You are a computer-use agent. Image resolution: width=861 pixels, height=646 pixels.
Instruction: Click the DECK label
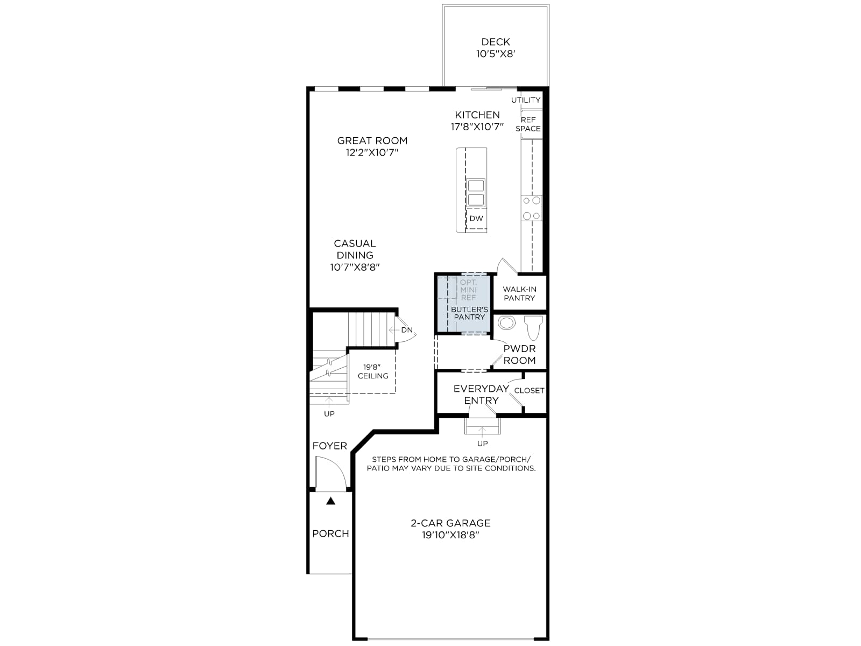(496, 42)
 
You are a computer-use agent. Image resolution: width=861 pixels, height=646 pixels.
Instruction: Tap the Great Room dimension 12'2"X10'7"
(372, 152)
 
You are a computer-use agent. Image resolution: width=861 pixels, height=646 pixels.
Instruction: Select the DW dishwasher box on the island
(476, 219)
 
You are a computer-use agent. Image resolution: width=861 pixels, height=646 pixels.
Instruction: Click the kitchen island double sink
(476, 193)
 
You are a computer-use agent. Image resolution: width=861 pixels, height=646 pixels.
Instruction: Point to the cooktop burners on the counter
(532, 208)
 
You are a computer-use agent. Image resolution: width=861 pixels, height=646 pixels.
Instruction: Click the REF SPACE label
(528, 124)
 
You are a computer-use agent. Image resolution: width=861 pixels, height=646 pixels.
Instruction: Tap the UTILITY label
(526, 100)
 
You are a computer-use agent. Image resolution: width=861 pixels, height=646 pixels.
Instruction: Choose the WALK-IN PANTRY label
(519, 294)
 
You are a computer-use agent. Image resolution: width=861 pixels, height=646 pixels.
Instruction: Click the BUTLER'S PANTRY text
(470, 313)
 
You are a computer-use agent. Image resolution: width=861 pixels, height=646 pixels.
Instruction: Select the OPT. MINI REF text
(468, 290)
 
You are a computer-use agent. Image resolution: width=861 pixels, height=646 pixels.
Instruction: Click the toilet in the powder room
(533, 328)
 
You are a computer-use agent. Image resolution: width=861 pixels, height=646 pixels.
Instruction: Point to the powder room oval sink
(506, 323)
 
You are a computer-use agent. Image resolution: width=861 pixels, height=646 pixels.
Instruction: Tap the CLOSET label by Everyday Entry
(529, 391)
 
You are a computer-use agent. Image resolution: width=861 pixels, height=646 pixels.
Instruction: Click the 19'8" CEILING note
(373, 371)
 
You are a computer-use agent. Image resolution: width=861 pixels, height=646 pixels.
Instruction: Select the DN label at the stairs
(407, 330)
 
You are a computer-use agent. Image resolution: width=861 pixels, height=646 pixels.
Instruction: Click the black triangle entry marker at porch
(330, 501)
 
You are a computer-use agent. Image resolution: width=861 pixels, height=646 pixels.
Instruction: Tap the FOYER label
(329, 446)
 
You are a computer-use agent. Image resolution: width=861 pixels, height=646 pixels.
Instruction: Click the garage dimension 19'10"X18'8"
(451, 536)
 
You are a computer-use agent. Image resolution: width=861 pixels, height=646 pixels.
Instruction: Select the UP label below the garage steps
(483, 444)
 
